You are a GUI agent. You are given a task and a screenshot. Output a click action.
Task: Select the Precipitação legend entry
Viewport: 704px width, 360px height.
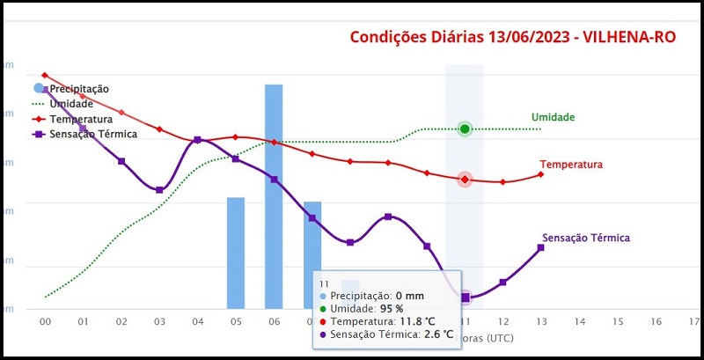(78, 89)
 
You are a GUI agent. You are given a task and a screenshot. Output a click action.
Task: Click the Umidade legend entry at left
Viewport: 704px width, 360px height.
(71, 104)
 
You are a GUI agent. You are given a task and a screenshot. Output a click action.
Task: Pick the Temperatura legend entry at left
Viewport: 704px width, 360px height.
(80, 119)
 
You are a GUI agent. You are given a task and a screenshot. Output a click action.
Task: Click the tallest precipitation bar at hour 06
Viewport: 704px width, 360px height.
(274, 194)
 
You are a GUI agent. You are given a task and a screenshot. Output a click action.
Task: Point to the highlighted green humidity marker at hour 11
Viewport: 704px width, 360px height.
(465, 129)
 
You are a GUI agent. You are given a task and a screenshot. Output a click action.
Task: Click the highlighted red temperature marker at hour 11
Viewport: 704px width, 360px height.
(465, 180)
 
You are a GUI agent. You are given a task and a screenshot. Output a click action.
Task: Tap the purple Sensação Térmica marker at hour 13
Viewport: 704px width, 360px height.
(540, 247)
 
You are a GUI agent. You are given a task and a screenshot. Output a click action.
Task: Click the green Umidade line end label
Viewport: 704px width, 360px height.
(553, 117)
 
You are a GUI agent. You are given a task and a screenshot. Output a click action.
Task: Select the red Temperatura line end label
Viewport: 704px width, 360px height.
(570, 165)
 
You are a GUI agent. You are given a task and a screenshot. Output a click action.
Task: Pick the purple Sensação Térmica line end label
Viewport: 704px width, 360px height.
(586, 238)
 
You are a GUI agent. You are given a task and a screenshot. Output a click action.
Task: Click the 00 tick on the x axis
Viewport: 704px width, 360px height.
(45, 322)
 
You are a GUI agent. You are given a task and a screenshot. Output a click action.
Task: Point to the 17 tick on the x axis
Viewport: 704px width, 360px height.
(694, 322)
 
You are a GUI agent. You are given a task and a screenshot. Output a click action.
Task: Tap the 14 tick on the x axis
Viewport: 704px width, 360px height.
(579, 322)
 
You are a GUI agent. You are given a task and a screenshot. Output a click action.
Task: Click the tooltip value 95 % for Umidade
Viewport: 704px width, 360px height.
(392, 309)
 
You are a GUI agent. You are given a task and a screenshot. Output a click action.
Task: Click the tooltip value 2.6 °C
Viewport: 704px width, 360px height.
(436, 334)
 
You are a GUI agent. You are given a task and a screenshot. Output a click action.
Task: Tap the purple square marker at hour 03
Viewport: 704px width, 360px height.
(159, 190)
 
